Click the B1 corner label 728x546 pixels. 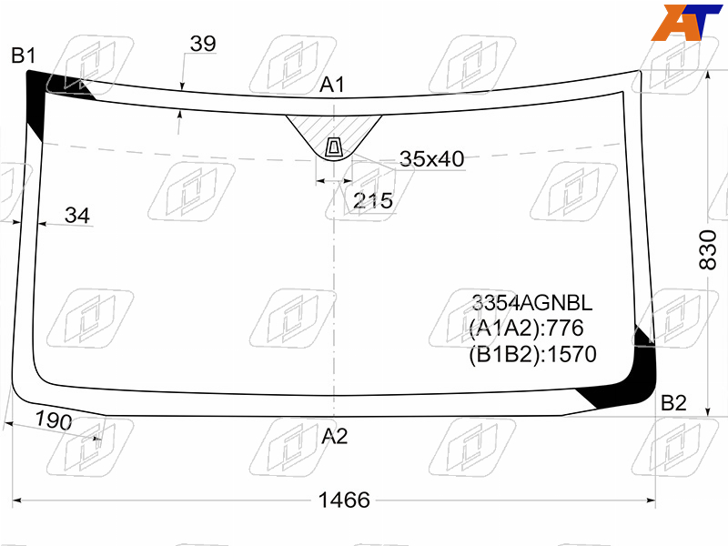pos(24,56)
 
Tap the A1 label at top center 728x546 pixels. pos(332,85)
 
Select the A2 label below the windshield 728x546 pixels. pos(334,437)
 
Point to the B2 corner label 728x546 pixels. pos(673,403)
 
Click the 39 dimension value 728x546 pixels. pos(203,44)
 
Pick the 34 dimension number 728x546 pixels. pos(77,216)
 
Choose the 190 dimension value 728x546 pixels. pos(54,420)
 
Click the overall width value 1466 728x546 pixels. pos(344,500)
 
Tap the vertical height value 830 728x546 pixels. pos(708,249)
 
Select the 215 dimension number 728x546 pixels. pos(373,201)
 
